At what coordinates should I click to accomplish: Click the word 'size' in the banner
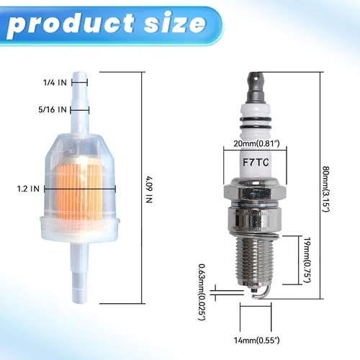[175, 24]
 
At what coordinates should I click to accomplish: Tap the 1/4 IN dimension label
[55, 83]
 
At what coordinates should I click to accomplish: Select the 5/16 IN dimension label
[53, 109]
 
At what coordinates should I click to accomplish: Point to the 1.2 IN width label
[28, 189]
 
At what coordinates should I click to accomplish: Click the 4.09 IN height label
[149, 189]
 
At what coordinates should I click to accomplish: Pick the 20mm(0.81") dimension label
[256, 143]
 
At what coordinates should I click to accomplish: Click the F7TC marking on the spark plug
[256, 163]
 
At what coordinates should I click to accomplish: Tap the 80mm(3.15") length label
[325, 189]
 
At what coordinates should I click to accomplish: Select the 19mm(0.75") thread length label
[307, 260]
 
